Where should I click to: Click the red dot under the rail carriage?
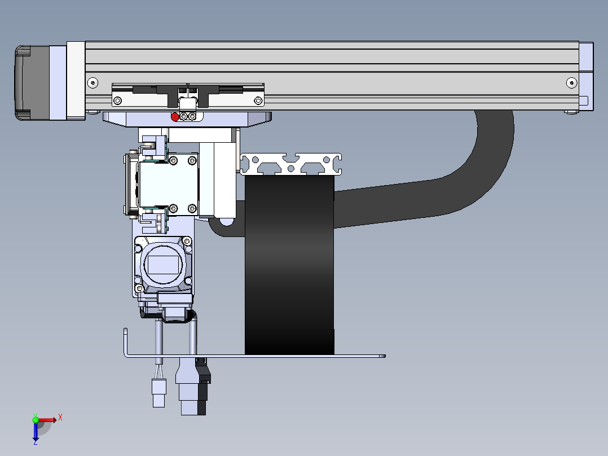[x=175, y=117]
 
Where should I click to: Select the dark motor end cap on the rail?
[x=32, y=82]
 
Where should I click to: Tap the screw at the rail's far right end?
[x=571, y=82]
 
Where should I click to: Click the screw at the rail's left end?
[x=92, y=82]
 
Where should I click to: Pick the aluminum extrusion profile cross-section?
[x=291, y=164]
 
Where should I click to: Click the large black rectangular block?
[x=289, y=265]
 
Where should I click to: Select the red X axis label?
[x=60, y=418]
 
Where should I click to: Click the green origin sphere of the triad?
[x=36, y=420]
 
